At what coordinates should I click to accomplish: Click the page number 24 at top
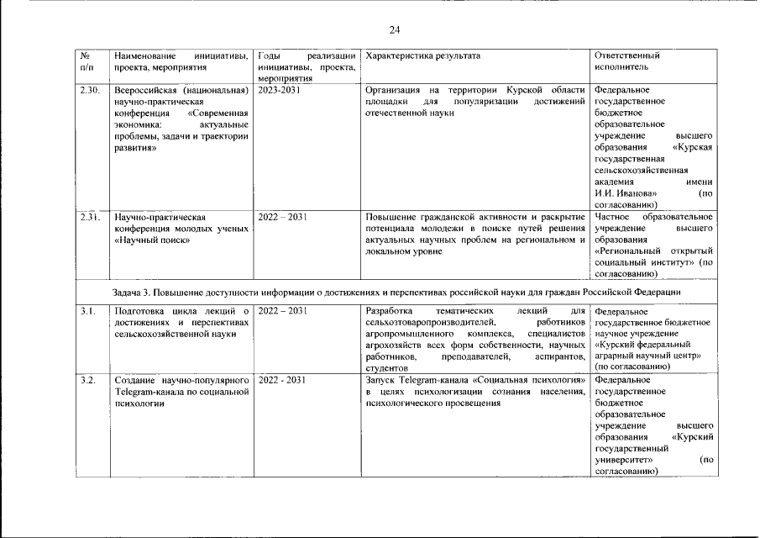pos(394,30)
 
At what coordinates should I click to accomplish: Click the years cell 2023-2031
pos(279,90)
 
